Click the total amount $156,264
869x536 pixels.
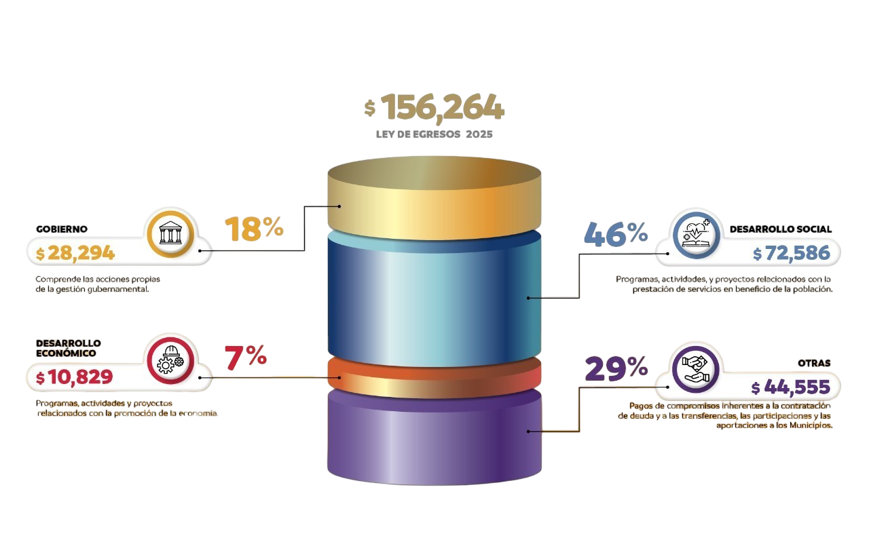434,107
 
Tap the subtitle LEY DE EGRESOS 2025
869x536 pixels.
434,134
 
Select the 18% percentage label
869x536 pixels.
254,229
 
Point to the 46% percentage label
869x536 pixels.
616,234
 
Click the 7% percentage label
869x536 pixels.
246,357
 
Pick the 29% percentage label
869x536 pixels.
616,368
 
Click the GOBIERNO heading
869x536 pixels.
62,229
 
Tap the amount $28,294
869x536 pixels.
75,253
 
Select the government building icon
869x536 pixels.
170,233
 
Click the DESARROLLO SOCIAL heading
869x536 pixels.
781,229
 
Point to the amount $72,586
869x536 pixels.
792,253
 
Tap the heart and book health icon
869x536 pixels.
697,235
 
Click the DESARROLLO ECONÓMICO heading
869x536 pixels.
69,348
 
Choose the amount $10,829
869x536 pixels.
74,377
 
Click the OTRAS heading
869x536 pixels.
814,364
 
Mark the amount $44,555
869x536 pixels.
791,387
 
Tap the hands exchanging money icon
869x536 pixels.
696,369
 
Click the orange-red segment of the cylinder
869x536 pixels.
434,378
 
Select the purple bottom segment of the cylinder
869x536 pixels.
434,438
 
